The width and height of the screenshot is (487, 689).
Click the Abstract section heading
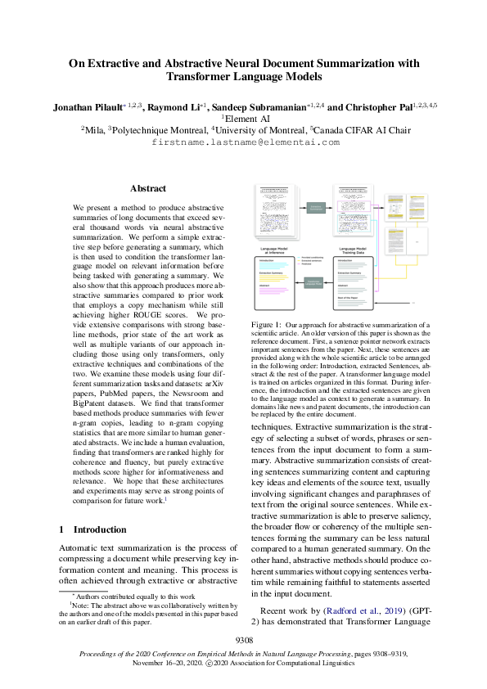pyautogui.click(x=148, y=188)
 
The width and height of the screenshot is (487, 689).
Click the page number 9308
pyautogui.click(x=244, y=639)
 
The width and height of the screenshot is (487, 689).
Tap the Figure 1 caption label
pyautogui.click(x=269, y=326)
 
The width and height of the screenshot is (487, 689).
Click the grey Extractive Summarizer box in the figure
pyautogui.click(x=316, y=209)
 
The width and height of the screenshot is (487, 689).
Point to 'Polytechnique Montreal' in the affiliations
pyautogui.click(x=160, y=129)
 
